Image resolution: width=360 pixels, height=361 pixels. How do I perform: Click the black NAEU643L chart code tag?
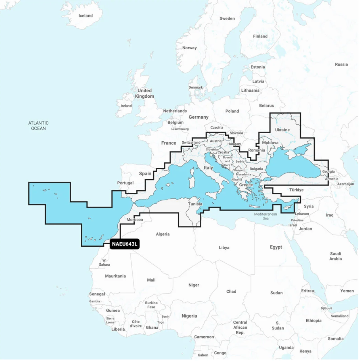tap(125, 244)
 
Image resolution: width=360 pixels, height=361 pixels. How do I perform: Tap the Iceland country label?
tap(85, 16)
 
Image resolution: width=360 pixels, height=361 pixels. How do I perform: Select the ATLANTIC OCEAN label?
tap(39, 126)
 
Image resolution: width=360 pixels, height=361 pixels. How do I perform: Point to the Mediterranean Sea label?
tap(265, 216)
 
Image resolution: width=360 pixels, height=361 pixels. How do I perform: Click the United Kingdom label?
tap(144, 93)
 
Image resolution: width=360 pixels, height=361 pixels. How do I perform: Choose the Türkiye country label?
tap(296, 190)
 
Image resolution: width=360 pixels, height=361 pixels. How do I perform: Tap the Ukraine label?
tap(282, 130)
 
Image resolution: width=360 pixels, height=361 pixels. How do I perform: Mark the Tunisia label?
tap(195, 204)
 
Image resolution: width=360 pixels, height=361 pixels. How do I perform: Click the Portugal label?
tap(125, 183)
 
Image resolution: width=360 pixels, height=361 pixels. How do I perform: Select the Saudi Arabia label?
tap(335, 256)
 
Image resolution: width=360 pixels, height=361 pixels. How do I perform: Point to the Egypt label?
tap(276, 247)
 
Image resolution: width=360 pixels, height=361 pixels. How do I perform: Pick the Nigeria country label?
tap(189, 316)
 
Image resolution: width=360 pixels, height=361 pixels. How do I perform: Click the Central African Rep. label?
tap(240, 327)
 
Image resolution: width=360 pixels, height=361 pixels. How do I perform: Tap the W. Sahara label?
tap(104, 262)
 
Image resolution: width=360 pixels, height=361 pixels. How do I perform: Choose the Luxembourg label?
tap(180, 129)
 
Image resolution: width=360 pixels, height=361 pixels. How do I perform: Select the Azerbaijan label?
tap(345, 184)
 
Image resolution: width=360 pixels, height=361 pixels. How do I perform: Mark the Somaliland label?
tap(340, 316)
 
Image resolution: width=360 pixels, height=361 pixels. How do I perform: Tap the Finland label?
tap(260, 36)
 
